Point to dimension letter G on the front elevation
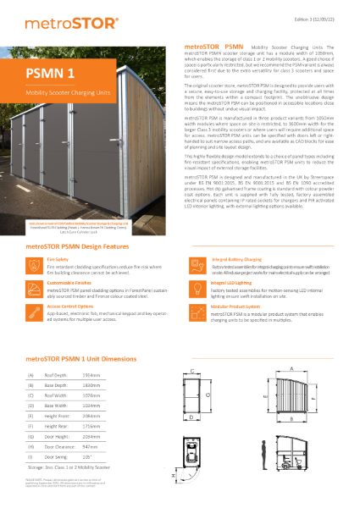pyautogui.click(x=196, y=397)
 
